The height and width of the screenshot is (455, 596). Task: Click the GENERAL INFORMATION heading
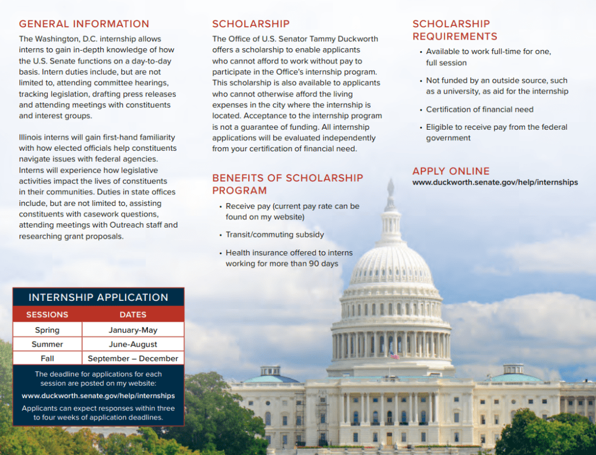pos(84,24)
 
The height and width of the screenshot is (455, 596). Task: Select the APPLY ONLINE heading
pos(451,171)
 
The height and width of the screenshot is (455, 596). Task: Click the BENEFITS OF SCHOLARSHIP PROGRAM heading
pos(287,184)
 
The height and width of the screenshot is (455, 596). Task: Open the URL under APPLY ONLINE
pos(495,183)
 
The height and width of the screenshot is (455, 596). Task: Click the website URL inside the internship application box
pos(98,396)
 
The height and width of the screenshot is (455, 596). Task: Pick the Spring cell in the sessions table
pos(47,330)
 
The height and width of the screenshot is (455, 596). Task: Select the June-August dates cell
pos(133,344)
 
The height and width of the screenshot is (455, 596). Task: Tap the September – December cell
pos(133,358)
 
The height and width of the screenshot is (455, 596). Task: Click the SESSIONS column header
pos(47,315)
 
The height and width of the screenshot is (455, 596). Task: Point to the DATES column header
pos(133,315)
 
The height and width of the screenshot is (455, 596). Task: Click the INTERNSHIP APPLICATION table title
pos(98,297)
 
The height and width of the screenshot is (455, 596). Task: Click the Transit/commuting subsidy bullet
pos(274,235)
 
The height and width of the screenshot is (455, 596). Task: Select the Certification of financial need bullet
pos(479,109)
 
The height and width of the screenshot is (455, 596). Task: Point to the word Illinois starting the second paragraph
pos(32,138)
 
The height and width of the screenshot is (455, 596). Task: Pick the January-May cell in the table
pos(133,330)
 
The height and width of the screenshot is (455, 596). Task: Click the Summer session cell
pos(47,344)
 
